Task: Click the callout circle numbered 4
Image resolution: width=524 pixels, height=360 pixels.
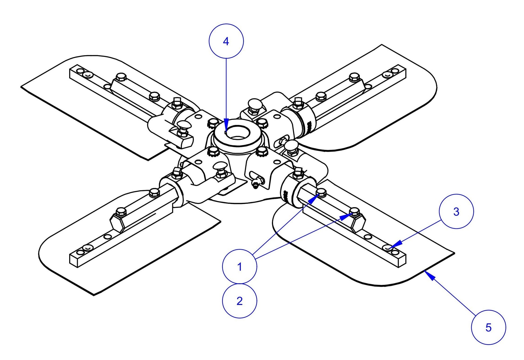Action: coord(226,41)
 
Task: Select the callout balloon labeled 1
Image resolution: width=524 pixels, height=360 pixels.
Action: coord(239,266)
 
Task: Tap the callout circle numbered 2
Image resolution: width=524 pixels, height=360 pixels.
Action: coord(239,301)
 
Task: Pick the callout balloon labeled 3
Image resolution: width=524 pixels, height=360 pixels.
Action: coord(456,212)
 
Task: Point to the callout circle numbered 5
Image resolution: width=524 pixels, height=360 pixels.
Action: coord(488,327)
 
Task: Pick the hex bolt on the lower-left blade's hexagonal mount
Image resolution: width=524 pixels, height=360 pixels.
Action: coord(121,212)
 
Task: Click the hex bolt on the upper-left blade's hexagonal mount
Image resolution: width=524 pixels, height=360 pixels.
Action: coord(121,77)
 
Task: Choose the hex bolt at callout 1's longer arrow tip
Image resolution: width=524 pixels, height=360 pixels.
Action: coord(355,212)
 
